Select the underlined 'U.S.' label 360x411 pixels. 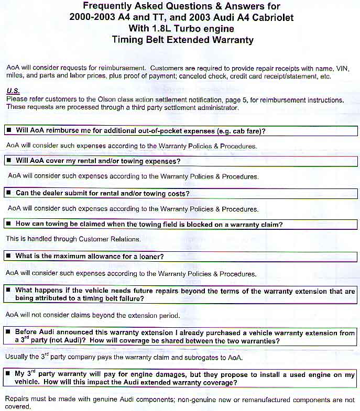(x=13, y=91)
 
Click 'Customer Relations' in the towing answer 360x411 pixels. (x=109, y=239)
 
